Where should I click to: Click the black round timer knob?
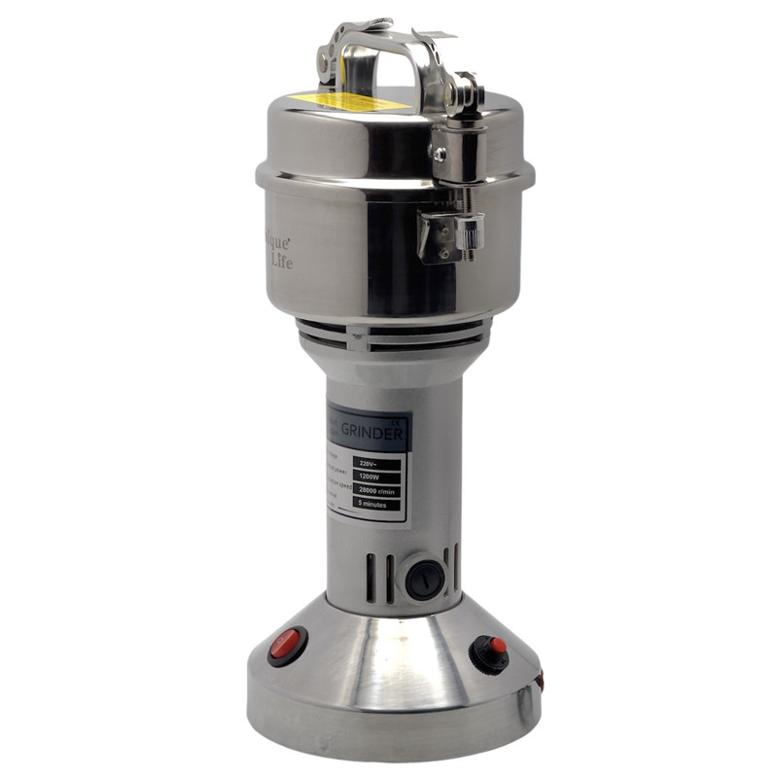pos(425,580)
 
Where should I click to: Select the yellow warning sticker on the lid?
pos(350,101)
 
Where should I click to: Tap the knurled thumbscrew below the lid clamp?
pos(471,233)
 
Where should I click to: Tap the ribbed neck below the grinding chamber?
pos(389,334)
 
